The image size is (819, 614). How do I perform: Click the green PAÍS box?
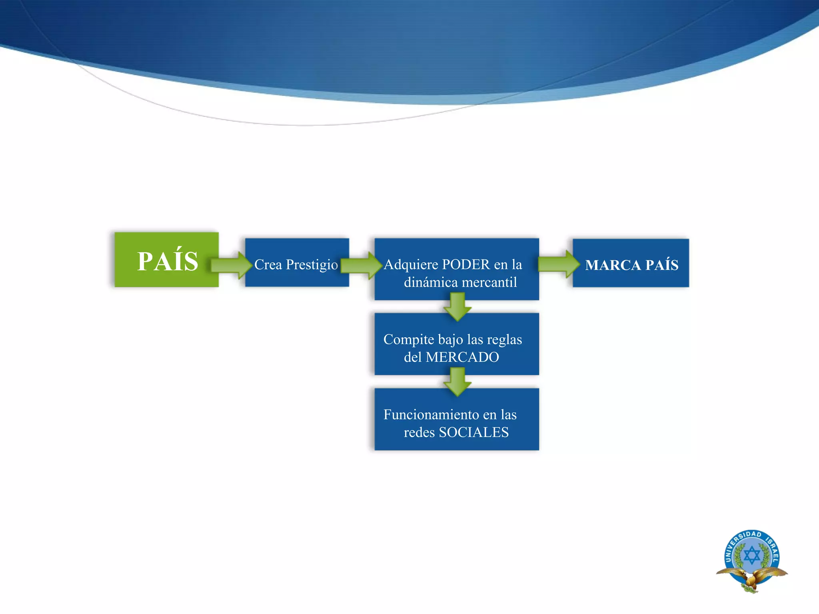click(166, 260)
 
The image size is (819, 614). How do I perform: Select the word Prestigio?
click(312, 265)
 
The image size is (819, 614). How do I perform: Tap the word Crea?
click(268, 265)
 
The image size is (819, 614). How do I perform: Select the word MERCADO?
click(462, 357)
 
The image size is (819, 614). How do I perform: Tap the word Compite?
click(409, 339)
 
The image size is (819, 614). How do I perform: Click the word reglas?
click(504, 339)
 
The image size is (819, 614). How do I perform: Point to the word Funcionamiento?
click(431, 415)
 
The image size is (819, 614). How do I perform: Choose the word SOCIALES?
click(473, 432)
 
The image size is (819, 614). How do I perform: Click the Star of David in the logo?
click(752, 556)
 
